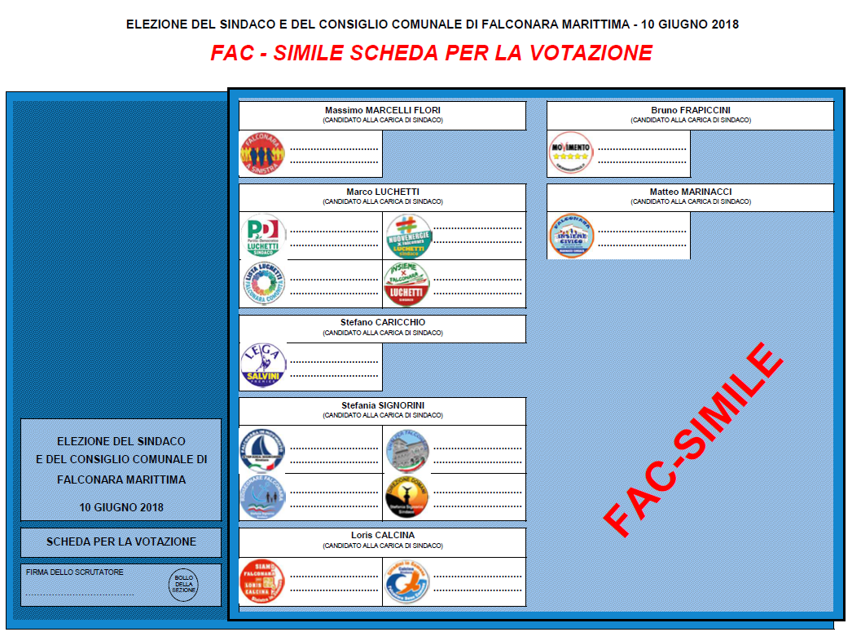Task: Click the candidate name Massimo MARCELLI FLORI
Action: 382,110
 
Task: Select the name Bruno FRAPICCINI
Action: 690,110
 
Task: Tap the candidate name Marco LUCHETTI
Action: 382,192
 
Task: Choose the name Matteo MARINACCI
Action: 690,192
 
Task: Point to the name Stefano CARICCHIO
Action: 382,322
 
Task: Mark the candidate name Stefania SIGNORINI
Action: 382,405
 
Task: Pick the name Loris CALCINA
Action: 382,536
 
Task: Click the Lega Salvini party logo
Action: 262,365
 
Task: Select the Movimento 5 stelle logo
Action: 570,152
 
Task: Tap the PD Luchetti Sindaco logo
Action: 262,236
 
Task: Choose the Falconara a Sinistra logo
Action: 262,153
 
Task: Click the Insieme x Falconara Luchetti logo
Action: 407,283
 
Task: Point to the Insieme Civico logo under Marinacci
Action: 571,236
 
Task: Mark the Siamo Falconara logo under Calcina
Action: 262,581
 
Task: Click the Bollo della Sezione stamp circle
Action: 182,585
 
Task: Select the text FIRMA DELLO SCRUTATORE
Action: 75,572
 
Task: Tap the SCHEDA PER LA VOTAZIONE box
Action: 121,541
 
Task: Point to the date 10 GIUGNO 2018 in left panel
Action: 121,506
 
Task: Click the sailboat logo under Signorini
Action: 262,449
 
